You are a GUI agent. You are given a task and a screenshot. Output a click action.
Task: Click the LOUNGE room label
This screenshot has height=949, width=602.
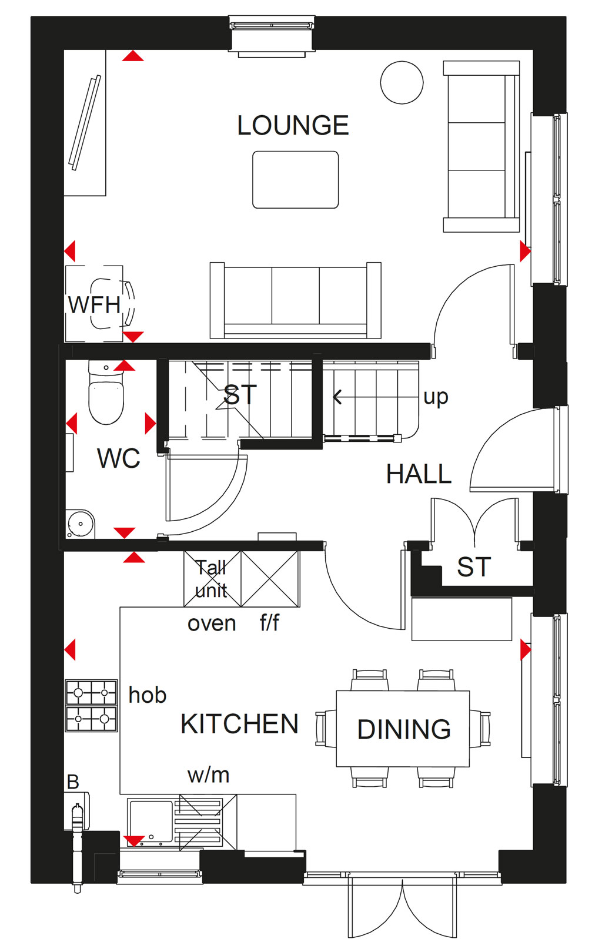(293, 125)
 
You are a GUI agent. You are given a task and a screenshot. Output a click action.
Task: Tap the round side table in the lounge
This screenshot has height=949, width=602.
(402, 82)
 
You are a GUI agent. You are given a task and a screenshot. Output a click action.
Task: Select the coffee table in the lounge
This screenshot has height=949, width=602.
(296, 180)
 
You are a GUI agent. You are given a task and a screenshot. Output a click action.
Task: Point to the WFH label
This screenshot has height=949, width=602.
(94, 304)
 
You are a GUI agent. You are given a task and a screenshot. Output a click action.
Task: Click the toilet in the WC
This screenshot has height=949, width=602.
(106, 392)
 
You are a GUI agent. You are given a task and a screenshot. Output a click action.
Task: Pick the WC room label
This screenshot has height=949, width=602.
(119, 458)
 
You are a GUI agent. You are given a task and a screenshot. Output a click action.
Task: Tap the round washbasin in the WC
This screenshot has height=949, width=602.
(80, 524)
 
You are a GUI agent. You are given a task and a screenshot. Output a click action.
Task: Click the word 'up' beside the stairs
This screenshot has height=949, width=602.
(436, 397)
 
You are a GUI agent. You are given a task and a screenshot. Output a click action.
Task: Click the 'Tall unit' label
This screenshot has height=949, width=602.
(211, 579)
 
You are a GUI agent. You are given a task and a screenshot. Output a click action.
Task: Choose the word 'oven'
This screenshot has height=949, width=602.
(212, 623)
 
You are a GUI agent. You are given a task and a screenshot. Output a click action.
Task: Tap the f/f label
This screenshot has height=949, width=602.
(270, 622)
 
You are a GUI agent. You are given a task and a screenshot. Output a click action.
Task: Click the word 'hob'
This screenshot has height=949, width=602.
(148, 695)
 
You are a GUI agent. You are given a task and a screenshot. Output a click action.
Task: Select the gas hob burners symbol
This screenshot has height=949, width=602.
(91, 705)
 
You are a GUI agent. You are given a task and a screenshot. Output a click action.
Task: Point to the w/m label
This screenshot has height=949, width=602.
(209, 775)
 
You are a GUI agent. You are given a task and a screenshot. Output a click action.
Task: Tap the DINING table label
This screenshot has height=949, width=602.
(404, 729)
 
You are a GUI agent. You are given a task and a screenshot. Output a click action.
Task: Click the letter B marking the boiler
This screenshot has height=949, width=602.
(73, 782)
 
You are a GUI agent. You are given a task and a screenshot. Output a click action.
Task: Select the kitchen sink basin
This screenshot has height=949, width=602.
(151, 821)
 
